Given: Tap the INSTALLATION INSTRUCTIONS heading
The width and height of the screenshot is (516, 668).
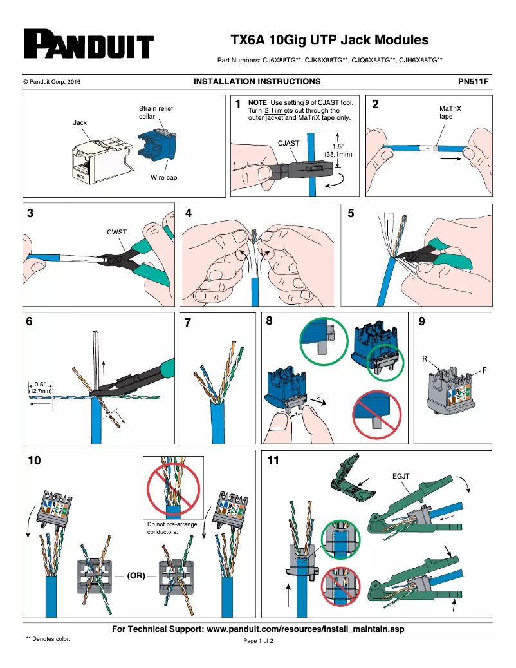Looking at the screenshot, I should tap(257, 82).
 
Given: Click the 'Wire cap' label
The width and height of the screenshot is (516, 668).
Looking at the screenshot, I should tap(163, 177).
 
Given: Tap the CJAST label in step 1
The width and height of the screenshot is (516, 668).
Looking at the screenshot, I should tap(288, 145).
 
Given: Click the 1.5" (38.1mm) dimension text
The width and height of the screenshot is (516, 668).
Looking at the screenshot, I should tap(338, 150).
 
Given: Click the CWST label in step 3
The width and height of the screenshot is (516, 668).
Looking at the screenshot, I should tap(116, 231).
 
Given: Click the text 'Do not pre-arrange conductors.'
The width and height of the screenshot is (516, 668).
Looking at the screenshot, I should tap(172, 528).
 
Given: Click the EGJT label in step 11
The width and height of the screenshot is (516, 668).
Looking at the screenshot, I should tap(401, 477).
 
